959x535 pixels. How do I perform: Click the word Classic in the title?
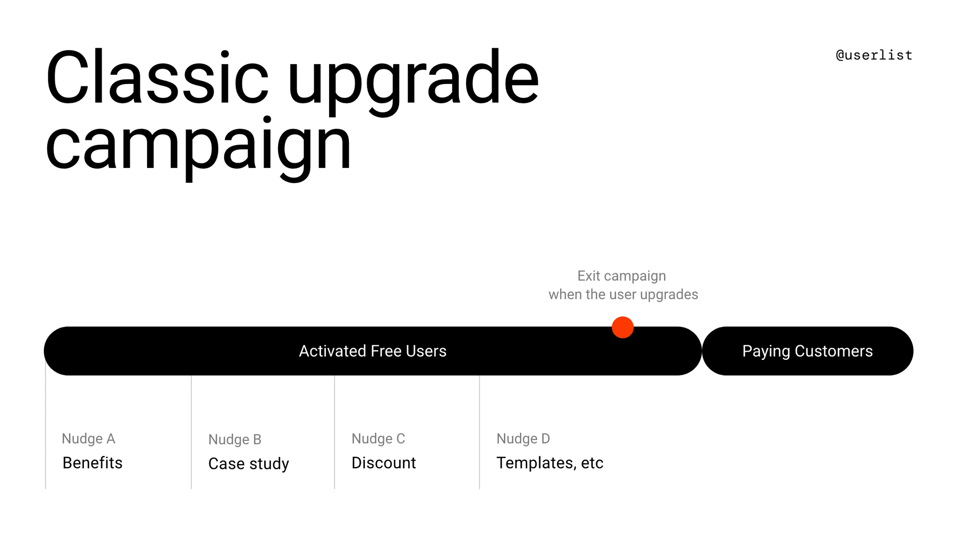(x=157, y=77)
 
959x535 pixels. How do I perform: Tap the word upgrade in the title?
(x=413, y=82)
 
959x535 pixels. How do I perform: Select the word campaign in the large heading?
(x=199, y=147)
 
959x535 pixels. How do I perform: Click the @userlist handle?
(x=874, y=55)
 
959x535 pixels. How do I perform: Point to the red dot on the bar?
(x=622, y=328)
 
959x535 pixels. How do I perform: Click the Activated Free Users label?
(x=373, y=351)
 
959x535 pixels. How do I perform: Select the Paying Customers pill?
(x=807, y=351)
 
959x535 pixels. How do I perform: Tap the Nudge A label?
(x=89, y=439)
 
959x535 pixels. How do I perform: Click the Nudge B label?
(x=235, y=439)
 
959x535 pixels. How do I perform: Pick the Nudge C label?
(x=378, y=439)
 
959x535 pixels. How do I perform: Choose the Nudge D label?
(x=523, y=439)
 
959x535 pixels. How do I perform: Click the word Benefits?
(x=93, y=463)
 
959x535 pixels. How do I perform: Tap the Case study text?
(x=249, y=464)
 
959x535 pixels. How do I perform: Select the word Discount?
(x=384, y=463)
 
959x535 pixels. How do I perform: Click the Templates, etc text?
(x=550, y=463)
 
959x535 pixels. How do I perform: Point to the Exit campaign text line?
(x=622, y=276)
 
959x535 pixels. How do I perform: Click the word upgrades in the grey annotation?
(x=669, y=295)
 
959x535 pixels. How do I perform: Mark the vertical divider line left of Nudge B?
(x=191, y=432)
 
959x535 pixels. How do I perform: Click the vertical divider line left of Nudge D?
(x=479, y=432)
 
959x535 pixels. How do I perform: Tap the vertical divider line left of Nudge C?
(x=334, y=432)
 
